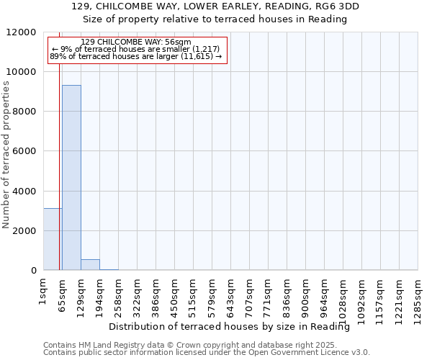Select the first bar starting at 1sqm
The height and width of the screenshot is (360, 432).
[x=53, y=239]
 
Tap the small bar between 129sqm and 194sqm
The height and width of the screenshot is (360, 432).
[x=90, y=264]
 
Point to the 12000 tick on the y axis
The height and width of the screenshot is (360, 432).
[x=22, y=32]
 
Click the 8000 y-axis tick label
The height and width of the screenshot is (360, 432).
[x=24, y=112]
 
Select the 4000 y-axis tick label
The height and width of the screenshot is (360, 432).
[x=24, y=191]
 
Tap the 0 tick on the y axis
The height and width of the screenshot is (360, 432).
[x=33, y=271]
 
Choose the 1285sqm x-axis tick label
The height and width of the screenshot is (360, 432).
[x=418, y=295]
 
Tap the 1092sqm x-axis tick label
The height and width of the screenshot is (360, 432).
[x=362, y=295]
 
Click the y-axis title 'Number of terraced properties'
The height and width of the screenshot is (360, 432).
[x=6, y=155]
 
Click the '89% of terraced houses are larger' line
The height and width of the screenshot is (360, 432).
[x=135, y=56]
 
